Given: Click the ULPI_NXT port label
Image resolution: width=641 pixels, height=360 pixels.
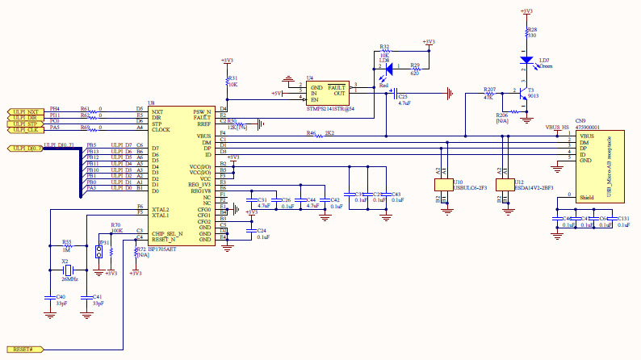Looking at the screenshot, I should point(25,111).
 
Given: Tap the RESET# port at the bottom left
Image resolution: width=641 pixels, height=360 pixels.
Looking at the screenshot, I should point(23,349).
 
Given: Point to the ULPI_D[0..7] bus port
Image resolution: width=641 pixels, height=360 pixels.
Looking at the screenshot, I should point(27,149).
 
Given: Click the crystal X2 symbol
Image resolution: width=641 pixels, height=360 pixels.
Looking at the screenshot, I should point(69,270).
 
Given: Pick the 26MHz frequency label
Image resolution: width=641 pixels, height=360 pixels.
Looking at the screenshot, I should point(69,279).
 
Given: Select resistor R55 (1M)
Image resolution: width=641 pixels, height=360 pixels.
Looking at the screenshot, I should point(68,246).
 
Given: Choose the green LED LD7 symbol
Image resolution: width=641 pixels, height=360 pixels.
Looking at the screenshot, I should point(526,60).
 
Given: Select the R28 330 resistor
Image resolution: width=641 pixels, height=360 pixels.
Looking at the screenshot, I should point(527,33).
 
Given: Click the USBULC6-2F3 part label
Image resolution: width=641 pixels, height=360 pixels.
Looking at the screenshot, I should point(469,188).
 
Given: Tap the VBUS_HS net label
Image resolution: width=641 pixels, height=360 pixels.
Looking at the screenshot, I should point(556,128).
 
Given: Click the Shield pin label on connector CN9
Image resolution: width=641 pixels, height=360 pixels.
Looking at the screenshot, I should point(587,195).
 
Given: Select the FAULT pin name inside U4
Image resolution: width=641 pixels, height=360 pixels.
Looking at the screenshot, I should point(337,87).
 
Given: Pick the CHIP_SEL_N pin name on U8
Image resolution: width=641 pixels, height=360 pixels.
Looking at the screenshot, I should point(167,233).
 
